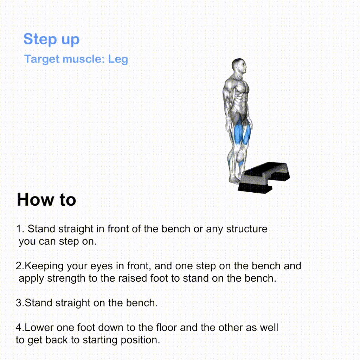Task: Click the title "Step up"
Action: tap(51, 39)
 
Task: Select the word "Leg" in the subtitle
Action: tap(118, 59)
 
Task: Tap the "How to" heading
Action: tap(46, 199)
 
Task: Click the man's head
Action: tap(239, 65)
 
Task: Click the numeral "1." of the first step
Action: tap(20, 229)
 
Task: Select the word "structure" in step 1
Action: tap(247, 229)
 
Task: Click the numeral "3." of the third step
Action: tap(20, 303)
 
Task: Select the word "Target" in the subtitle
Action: tap(42, 59)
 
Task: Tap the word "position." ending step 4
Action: tap(140, 340)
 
